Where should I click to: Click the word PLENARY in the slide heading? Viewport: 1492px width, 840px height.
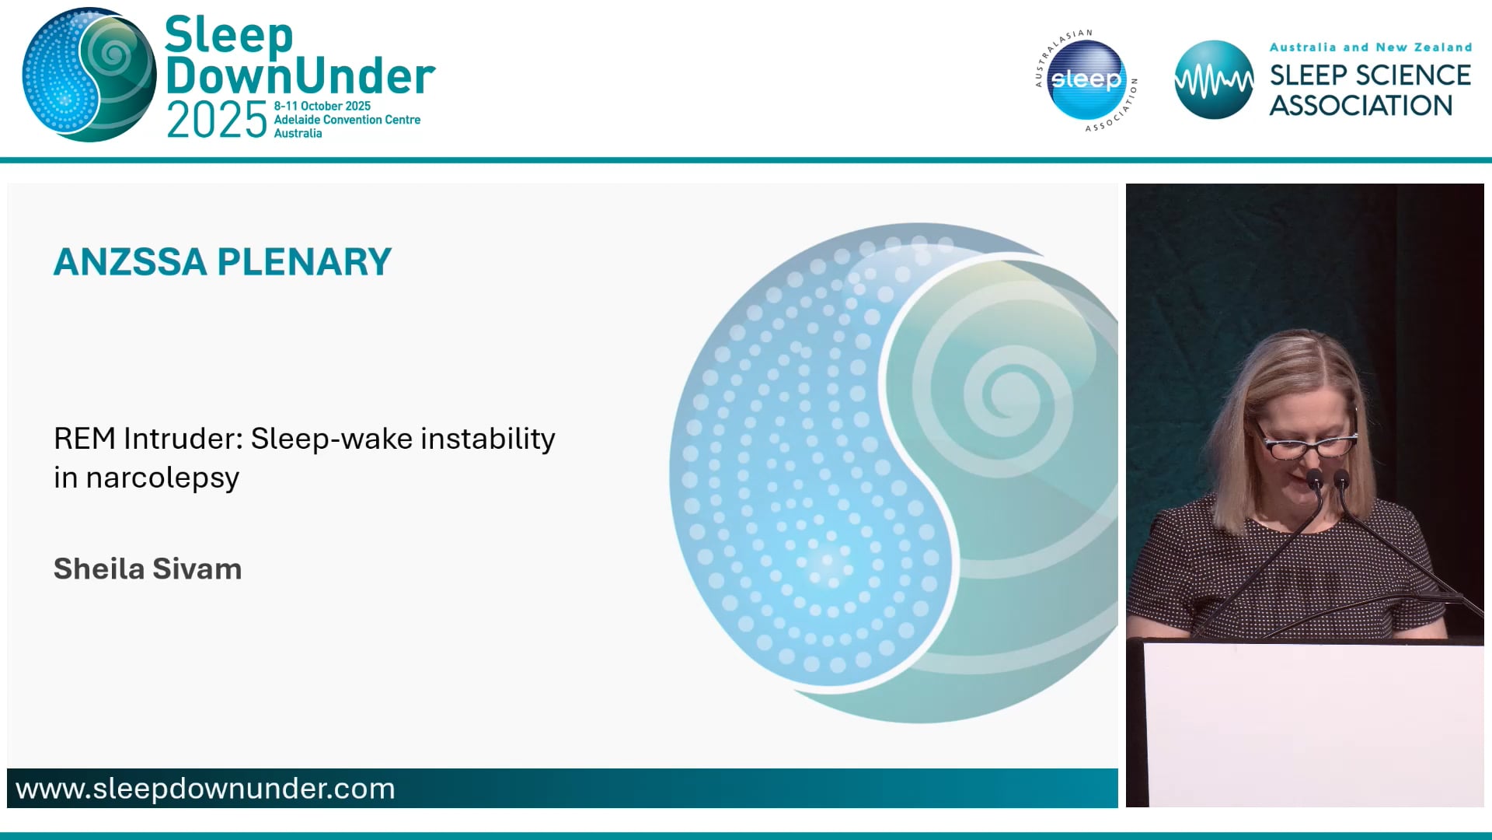tap(305, 262)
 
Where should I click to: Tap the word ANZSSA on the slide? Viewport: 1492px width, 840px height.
tap(130, 262)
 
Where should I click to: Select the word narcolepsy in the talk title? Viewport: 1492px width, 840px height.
tap(162, 478)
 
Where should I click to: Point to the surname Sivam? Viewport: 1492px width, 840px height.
tap(197, 569)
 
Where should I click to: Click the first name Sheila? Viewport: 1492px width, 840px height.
tap(99, 569)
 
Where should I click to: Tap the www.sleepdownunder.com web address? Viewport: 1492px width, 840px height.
tap(205, 789)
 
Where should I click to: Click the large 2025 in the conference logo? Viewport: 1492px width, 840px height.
tap(217, 121)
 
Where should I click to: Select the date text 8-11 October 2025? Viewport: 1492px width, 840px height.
tap(322, 106)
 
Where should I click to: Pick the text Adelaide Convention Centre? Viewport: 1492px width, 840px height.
tap(347, 120)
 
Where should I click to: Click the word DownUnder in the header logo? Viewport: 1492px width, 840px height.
tap(300, 76)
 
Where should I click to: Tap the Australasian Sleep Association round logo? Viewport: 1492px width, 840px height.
tap(1086, 80)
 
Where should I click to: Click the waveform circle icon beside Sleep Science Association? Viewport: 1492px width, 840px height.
tap(1213, 80)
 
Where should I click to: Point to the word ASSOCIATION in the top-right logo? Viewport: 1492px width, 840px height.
tap(1361, 106)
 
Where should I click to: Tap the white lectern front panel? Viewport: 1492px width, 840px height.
tap(1313, 723)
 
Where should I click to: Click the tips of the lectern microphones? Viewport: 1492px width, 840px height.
tap(1327, 478)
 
